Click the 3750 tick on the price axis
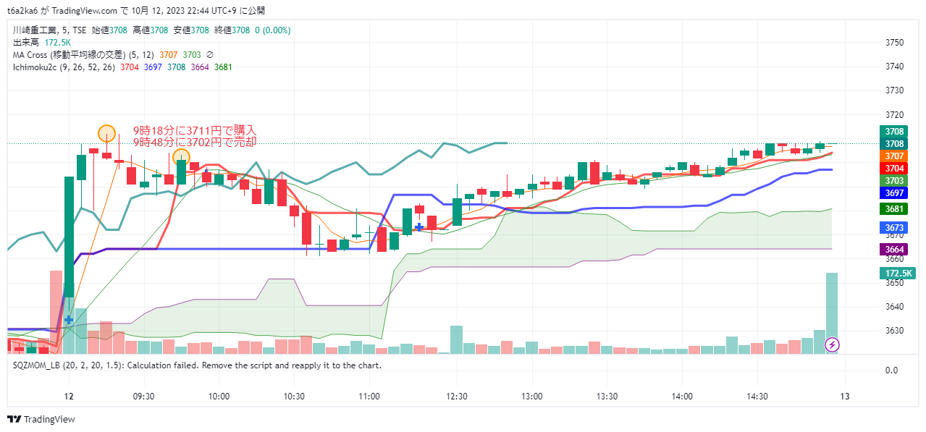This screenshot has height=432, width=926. coord(895,43)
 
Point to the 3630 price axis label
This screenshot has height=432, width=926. coord(895,331)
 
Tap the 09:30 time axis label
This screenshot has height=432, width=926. coord(144,397)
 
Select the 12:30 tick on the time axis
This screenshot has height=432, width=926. coord(456,397)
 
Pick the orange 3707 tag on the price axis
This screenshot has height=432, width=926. coord(896,156)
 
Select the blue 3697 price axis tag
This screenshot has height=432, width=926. coord(896,192)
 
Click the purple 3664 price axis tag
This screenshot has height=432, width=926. coord(896,249)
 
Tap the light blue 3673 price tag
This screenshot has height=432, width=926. coord(896,227)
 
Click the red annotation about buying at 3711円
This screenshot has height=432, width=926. coord(194,130)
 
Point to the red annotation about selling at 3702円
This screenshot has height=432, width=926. coord(194,143)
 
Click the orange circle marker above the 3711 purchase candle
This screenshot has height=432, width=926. coord(106,133)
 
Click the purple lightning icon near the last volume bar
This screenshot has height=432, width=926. coord(833,344)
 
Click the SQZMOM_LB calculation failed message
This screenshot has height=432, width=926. coord(197,365)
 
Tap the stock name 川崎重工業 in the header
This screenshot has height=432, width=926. coord(33,30)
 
